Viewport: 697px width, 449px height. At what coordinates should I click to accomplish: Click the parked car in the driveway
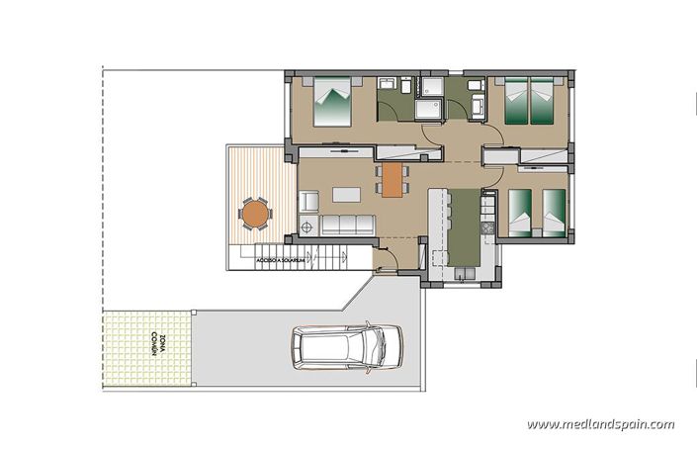(346, 346)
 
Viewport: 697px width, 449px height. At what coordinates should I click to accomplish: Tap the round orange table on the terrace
(255, 212)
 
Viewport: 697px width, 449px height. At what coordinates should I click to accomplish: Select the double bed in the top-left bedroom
(333, 103)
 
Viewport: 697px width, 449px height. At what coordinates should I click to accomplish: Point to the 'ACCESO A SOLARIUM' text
(280, 260)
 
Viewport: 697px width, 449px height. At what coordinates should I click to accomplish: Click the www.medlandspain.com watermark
(600, 424)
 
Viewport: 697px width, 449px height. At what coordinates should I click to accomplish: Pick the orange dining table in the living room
(392, 179)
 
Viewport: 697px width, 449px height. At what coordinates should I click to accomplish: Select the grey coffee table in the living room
(345, 192)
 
